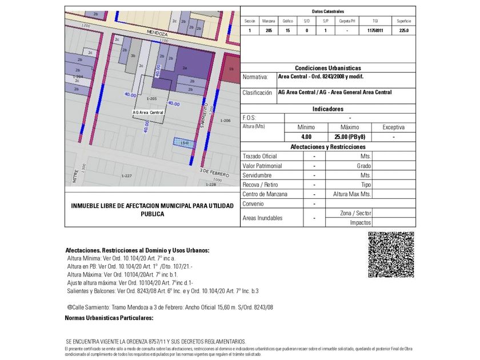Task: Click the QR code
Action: point(391,254)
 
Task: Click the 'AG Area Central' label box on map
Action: point(148,113)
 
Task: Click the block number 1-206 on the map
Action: point(225,121)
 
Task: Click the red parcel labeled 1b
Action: point(231,68)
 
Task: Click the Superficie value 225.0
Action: point(403,31)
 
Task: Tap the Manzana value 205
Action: point(269,31)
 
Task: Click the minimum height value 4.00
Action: point(306,137)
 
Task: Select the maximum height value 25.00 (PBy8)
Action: point(350,137)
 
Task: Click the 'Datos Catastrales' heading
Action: point(328,11)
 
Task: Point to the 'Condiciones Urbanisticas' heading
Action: point(327,68)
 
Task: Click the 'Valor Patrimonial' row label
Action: point(262,166)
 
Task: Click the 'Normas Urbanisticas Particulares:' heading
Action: point(109,318)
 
